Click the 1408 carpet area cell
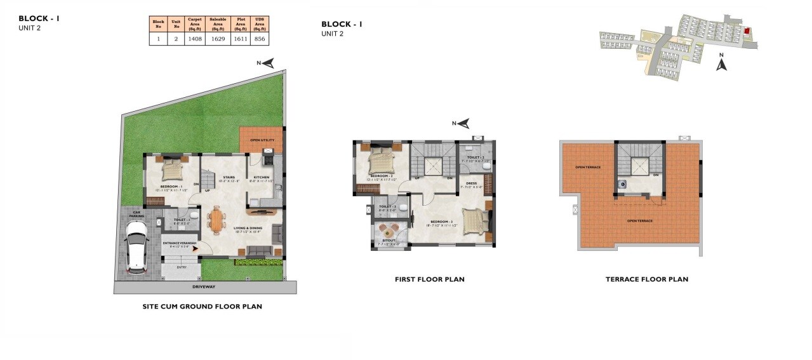(194, 39)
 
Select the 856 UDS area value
(259, 39)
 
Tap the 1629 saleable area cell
(218, 39)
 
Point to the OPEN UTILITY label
(261, 140)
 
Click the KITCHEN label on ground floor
(262, 177)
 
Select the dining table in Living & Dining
(217, 220)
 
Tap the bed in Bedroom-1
(172, 170)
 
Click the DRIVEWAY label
(204, 287)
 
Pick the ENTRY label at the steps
(181, 267)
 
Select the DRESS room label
(471, 183)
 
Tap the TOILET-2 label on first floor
(476, 157)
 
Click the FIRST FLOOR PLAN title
(429, 279)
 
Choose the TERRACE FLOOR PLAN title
(646, 279)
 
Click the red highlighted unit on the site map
(747, 30)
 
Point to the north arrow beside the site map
(721, 63)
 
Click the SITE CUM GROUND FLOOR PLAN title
(202, 307)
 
